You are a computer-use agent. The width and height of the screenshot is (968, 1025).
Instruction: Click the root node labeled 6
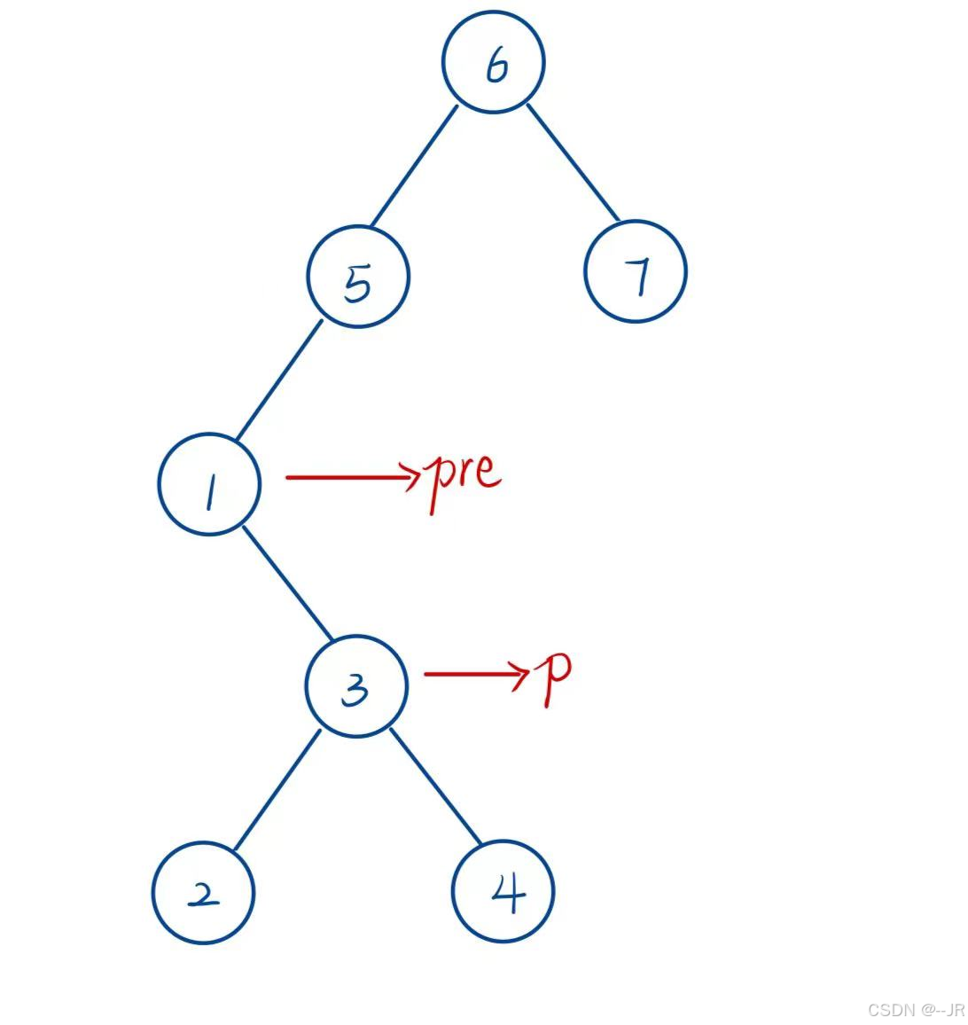coord(493,62)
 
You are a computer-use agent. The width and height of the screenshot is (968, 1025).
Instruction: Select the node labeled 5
coord(358,277)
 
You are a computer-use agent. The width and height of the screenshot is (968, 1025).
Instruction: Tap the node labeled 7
coord(636,270)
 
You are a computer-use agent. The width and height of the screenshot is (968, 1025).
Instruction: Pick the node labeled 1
coord(210,484)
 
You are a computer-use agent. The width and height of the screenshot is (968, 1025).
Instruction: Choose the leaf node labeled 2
coord(203,892)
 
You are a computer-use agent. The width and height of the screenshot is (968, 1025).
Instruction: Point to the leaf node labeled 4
coord(503,891)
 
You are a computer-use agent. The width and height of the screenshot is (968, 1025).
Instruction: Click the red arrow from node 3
coord(475,674)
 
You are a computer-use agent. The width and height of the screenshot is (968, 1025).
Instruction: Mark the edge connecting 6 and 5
coord(413,166)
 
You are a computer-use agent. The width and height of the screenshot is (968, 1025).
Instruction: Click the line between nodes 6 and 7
coord(573,161)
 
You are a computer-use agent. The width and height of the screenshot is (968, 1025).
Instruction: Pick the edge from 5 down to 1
coord(278,380)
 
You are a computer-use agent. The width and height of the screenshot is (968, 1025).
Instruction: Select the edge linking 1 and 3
coord(287,582)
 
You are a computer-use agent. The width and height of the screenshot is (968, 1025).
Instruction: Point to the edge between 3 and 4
coord(435,786)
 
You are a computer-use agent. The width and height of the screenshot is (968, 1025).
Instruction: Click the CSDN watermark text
coord(914,1010)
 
